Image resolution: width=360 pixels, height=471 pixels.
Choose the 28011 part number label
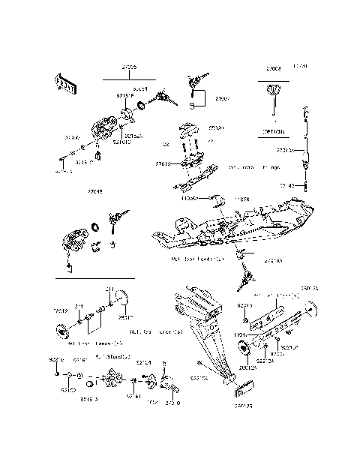coord(122,317)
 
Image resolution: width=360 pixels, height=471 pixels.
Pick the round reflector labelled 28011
coord(125,301)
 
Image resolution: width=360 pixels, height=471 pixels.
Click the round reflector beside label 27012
coord(57,331)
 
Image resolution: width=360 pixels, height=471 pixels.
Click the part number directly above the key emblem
coord(274,68)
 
